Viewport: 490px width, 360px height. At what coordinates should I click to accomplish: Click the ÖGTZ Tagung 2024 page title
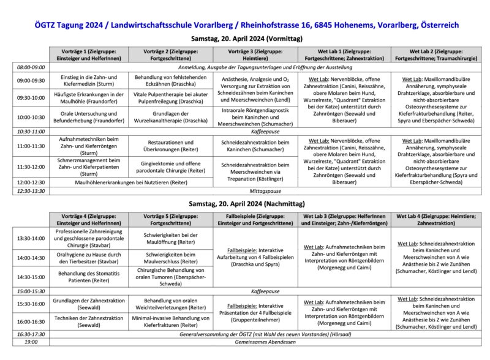244,26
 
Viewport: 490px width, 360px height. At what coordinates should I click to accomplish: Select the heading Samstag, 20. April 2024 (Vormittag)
244,39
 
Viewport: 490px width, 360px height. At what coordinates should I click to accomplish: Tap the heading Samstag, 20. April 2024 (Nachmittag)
244,203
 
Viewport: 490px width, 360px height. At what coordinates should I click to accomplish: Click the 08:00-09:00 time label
31,67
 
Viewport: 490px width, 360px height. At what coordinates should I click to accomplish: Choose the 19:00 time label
31,342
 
